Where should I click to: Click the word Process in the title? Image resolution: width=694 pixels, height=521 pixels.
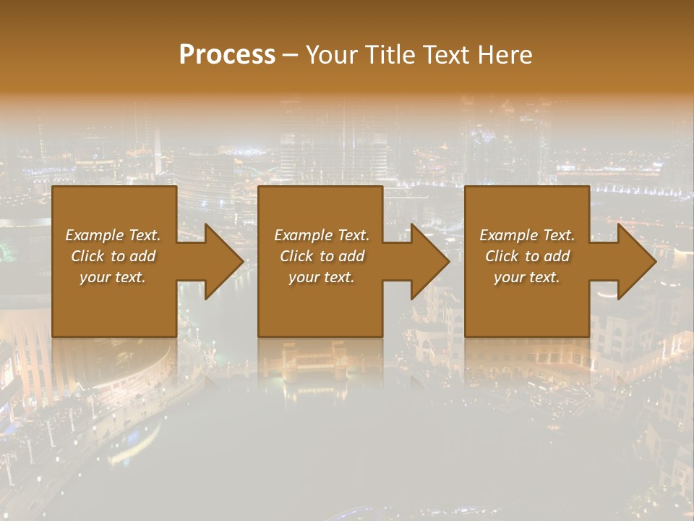point(227,55)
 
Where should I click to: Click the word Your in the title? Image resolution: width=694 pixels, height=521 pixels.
point(332,55)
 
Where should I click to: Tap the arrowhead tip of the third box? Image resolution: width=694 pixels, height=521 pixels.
point(655,261)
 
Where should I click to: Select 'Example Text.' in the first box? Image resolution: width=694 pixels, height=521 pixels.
point(113,235)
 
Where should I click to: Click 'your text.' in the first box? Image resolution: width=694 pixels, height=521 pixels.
point(113,277)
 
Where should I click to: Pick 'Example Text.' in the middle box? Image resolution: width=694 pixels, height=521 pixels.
point(322,235)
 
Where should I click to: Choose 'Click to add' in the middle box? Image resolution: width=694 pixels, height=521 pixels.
point(322,256)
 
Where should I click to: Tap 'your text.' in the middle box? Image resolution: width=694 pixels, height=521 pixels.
point(322,277)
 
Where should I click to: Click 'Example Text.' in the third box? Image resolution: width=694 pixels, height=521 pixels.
point(527,235)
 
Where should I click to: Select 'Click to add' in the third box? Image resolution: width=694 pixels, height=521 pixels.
point(527,256)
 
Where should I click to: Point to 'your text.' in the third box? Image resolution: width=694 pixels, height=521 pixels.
point(527,277)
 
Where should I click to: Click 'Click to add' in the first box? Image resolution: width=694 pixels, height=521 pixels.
point(113,256)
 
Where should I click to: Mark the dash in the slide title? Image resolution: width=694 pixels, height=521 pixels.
point(290,56)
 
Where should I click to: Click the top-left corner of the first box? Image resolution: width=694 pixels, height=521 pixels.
point(53,187)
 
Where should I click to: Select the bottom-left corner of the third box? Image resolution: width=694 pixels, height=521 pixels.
point(466,336)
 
